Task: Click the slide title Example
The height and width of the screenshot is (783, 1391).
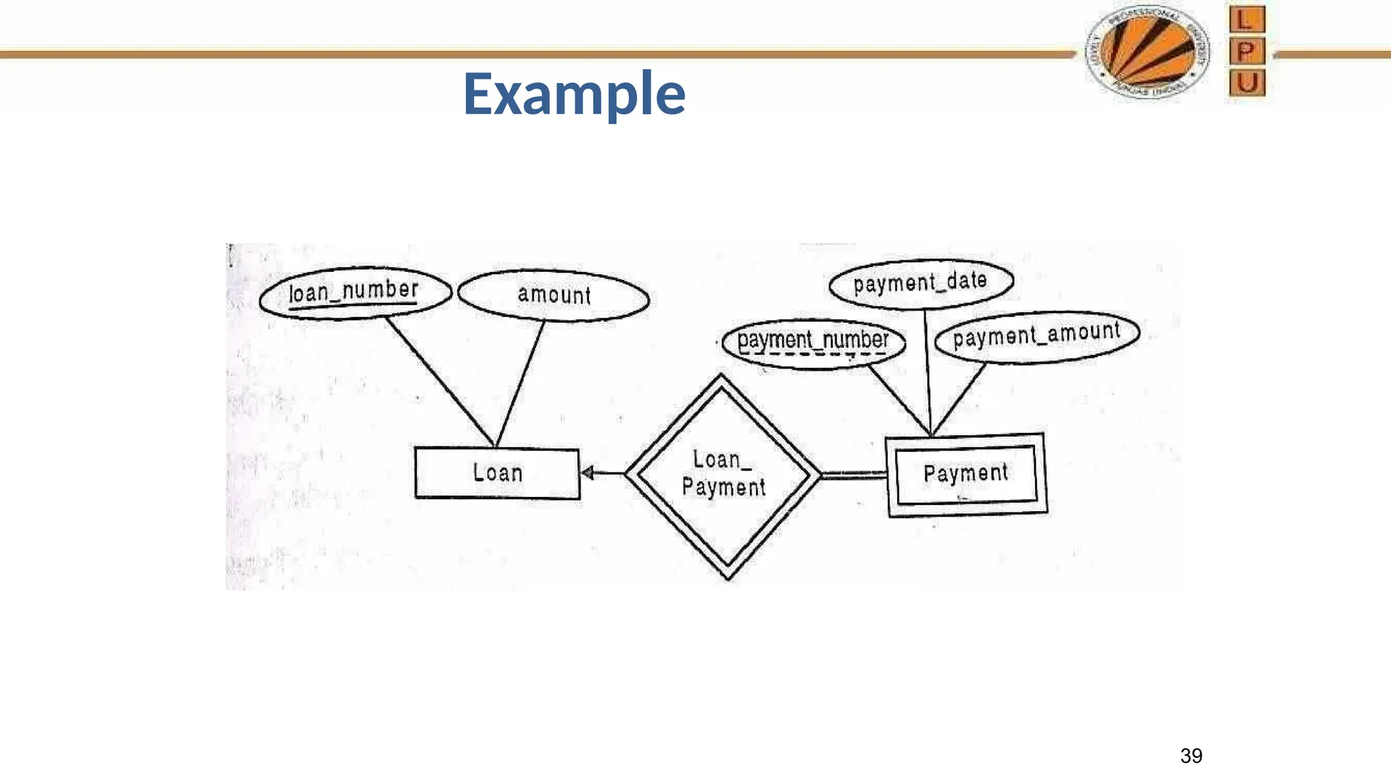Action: (574, 94)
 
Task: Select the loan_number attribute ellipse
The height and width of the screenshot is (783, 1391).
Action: (355, 293)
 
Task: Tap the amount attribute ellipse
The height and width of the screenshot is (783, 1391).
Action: (554, 295)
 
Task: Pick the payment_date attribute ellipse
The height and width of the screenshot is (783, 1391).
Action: (920, 283)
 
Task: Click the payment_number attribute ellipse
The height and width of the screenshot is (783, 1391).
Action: (813, 341)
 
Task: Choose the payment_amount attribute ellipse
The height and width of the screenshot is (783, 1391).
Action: (1036, 336)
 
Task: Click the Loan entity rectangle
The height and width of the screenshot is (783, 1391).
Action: (497, 473)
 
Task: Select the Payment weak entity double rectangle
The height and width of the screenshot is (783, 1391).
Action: (966, 474)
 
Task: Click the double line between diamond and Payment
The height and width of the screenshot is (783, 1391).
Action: (853, 475)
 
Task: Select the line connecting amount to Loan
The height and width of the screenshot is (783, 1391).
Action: (521, 383)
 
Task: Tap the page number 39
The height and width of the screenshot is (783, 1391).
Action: (1191, 756)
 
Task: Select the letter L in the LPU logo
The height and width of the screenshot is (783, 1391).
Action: (1247, 20)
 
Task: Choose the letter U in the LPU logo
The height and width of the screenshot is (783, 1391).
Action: (1247, 83)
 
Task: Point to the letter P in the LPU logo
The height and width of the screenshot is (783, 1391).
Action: (1247, 52)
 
